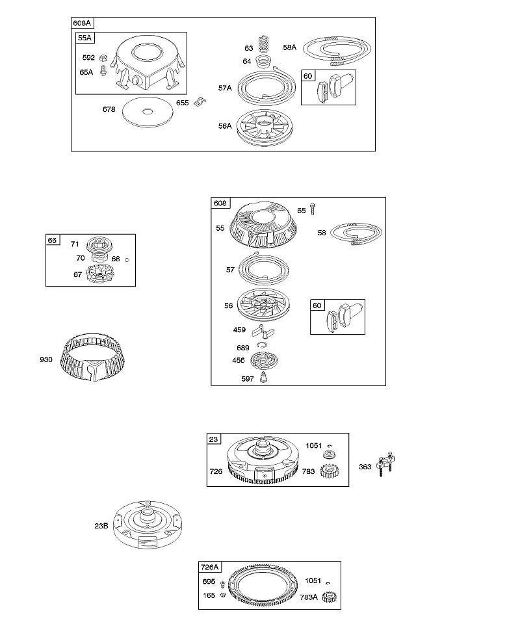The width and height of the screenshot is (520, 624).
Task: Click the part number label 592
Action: coord(88,58)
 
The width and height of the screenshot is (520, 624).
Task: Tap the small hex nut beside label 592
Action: coord(103,58)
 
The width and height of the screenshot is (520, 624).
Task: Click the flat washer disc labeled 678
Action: coord(148,112)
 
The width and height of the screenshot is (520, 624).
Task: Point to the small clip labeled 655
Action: coord(200,102)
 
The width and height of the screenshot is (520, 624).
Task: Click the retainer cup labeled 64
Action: coord(263,62)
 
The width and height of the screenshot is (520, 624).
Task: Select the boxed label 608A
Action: coord(82,23)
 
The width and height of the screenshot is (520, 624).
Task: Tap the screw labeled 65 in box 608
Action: coord(313,209)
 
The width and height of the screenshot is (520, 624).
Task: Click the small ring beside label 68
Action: coord(127,260)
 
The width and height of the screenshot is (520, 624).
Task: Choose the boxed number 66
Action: coord(53,240)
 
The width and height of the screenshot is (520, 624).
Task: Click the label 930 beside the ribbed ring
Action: coord(46,359)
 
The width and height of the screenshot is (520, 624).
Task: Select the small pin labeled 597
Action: coord(263,377)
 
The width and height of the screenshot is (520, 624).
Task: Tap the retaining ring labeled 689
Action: coord(261,344)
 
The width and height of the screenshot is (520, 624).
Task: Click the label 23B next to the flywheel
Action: coord(101,526)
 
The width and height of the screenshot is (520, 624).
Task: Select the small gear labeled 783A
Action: coord(330,597)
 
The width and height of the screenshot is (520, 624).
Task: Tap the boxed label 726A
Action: coord(211,567)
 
